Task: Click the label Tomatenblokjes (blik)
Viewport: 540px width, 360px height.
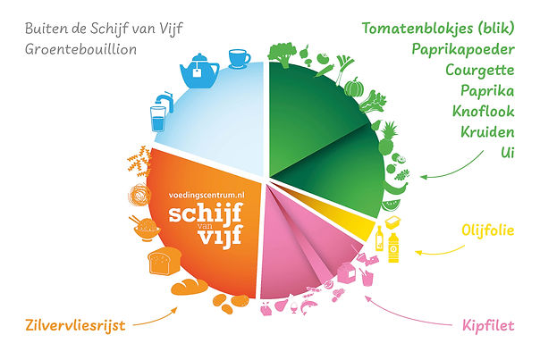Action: (438, 28)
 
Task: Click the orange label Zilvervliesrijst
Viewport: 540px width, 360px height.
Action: (74, 326)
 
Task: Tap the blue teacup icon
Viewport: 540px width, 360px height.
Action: (239, 58)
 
